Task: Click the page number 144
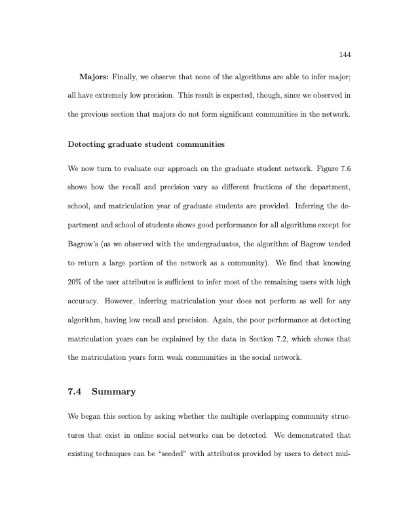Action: (343, 54)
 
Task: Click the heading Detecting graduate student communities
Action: (142, 143)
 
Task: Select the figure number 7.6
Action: (345, 168)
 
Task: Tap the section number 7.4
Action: (75, 392)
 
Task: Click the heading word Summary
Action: (114, 392)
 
